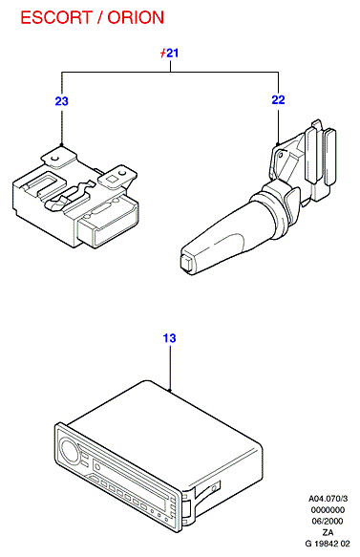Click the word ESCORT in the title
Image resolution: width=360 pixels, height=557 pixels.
click(56, 17)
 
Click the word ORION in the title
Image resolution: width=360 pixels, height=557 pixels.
click(136, 17)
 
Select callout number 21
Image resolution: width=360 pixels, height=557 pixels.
click(172, 54)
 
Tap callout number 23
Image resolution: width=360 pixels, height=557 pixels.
click(61, 101)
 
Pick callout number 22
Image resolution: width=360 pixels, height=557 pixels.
click(278, 99)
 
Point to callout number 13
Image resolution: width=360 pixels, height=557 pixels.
click(169, 338)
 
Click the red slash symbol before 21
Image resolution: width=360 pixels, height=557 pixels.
click(163, 54)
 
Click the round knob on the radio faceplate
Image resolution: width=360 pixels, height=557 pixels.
click(69, 450)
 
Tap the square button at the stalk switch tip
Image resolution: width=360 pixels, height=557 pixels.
click(187, 264)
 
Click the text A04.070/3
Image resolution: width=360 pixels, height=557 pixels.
click(328, 499)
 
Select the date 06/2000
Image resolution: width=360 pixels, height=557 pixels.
click(328, 521)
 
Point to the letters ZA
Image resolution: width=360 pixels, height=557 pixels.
click(328, 532)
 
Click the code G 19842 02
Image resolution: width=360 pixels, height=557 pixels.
click(328, 544)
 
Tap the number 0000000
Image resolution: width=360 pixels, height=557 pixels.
click(328, 510)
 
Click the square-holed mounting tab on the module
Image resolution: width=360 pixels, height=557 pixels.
click(117, 177)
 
